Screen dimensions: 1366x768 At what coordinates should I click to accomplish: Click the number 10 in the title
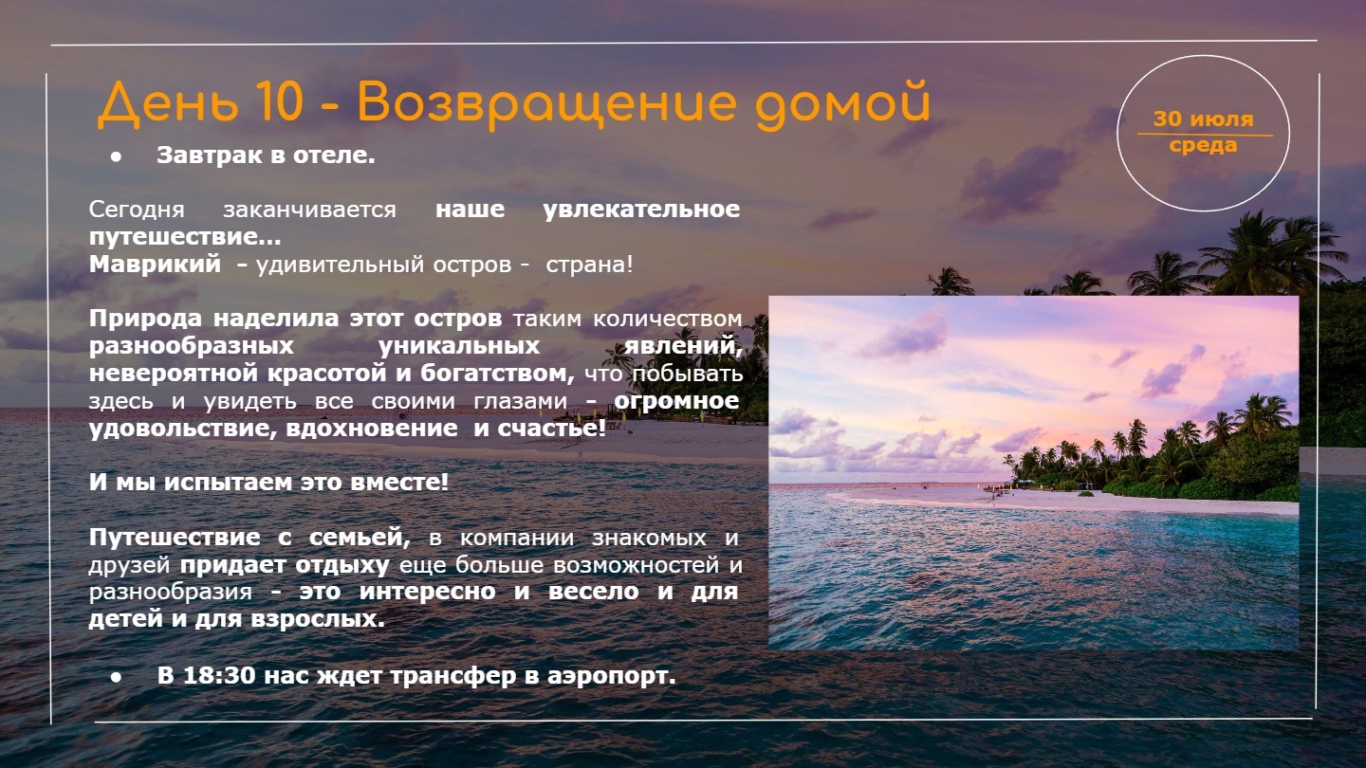tap(279, 101)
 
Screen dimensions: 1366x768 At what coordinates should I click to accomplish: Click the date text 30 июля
tap(1203, 119)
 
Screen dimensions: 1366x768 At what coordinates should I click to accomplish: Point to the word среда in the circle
tap(1203, 145)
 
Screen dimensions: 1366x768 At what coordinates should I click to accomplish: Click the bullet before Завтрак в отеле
tap(116, 156)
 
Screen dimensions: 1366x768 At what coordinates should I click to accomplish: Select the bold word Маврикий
tap(155, 264)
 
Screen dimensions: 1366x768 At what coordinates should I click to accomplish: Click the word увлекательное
tap(641, 209)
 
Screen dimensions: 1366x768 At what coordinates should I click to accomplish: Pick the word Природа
tap(145, 319)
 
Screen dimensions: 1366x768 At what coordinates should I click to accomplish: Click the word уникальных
tap(458, 345)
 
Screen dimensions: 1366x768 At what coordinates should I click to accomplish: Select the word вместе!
tap(399, 482)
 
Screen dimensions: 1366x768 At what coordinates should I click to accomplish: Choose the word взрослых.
tap(318, 619)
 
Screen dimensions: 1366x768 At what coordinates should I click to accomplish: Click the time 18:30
tap(219, 675)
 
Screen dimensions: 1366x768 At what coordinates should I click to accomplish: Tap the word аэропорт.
tap(612, 676)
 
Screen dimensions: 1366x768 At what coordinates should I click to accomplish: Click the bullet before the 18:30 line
tap(116, 677)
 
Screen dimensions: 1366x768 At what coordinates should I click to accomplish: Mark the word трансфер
tap(453, 676)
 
